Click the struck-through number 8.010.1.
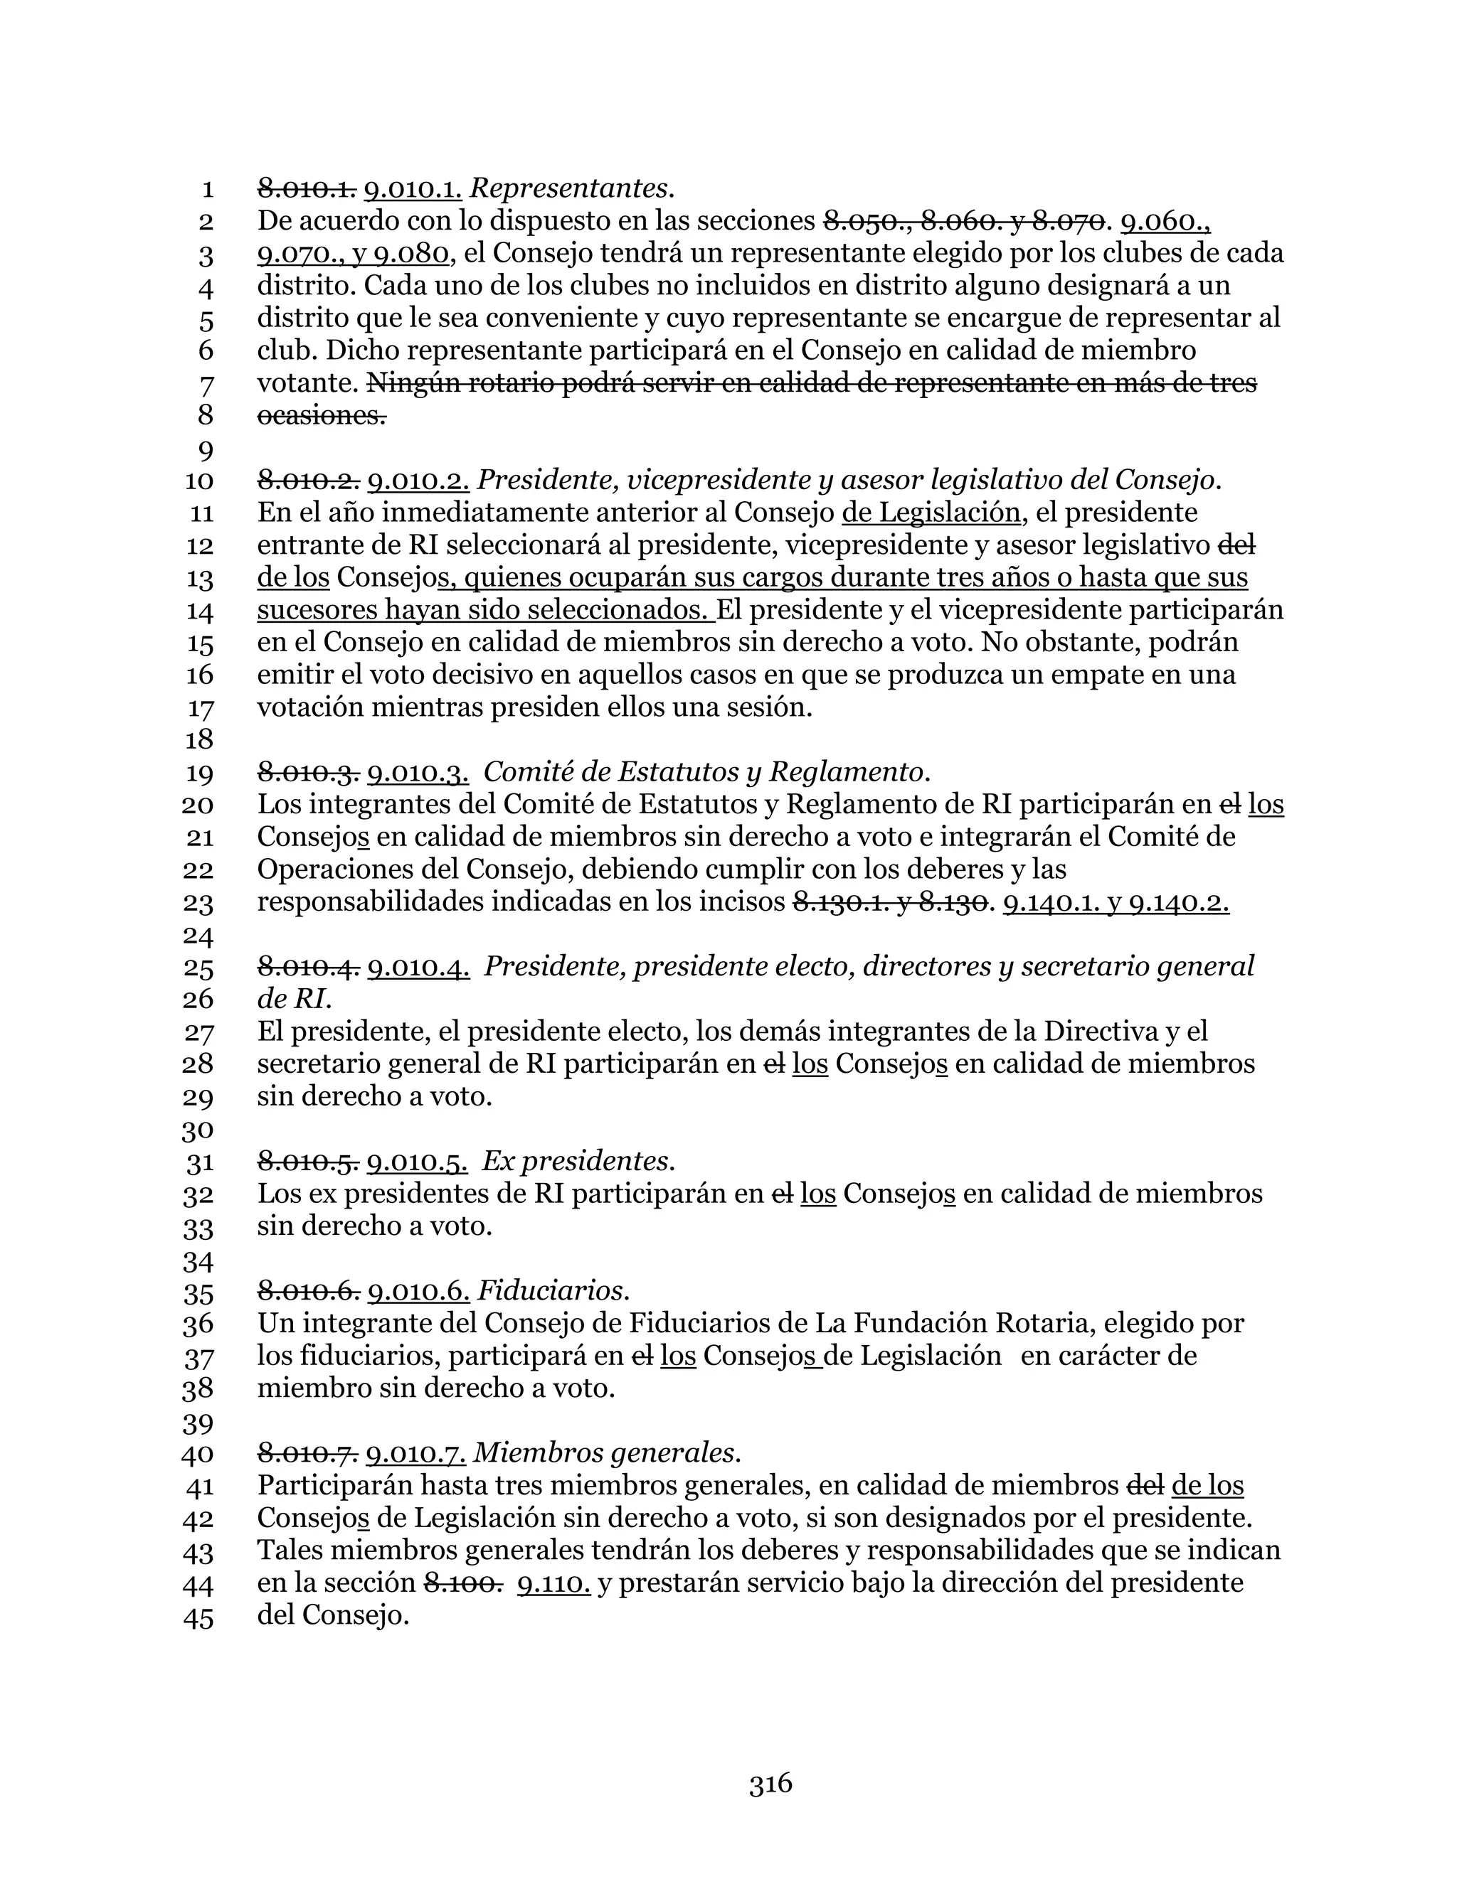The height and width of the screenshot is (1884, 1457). click(x=307, y=188)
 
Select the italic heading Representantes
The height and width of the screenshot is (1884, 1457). click(x=571, y=188)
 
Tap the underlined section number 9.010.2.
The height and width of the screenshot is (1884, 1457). click(x=418, y=480)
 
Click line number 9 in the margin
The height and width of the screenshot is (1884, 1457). click(x=206, y=449)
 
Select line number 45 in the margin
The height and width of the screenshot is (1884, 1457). click(x=198, y=1617)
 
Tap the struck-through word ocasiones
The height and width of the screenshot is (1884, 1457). click(x=321, y=416)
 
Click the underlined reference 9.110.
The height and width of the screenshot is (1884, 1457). click(x=553, y=1583)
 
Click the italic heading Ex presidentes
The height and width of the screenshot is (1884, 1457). click(x=578, y=1161)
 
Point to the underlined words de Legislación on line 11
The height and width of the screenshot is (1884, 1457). click(x=932, y=513)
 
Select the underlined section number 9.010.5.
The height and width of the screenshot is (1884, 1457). click(x=418, y=1161)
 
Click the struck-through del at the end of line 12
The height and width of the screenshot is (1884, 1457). click(x=1236, y=545)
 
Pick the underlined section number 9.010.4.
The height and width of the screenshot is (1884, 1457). click(x=418, y=967)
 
